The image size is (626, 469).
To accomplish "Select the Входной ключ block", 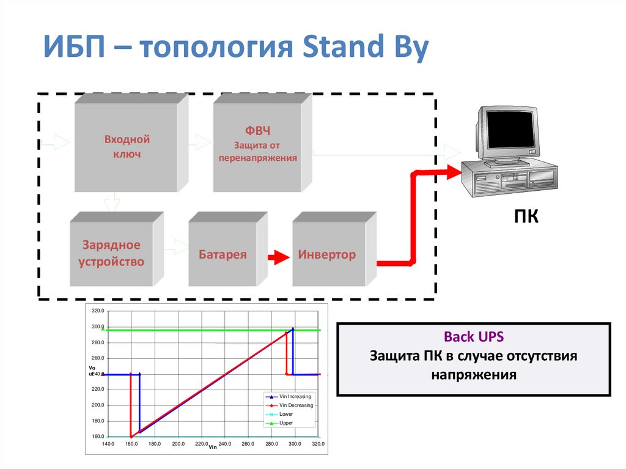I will pos(127,147).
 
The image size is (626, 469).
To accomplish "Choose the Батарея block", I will pos(223,254).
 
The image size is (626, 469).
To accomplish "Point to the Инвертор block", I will pos(326,254).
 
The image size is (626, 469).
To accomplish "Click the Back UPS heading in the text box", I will pos(474,337).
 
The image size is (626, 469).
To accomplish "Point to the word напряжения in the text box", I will pos(474,374).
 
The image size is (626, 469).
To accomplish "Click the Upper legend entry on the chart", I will pos(286,423).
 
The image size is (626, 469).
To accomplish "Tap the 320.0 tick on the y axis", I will pos(98,311).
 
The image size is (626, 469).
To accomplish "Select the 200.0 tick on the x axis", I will pos(179,444).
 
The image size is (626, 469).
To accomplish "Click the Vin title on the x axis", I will pos(213,448).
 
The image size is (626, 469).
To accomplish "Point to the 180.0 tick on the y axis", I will pos(98,421).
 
